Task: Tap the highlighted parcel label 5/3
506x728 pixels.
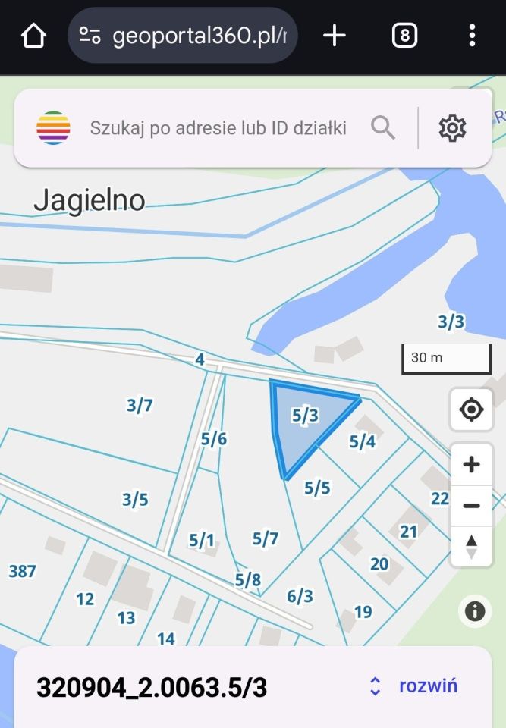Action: click(x=305, y=415)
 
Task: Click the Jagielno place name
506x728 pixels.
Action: click(x=90, y=200)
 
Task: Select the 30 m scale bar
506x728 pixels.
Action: click(x=447, y=359)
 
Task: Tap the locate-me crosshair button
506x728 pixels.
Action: click(x=471, y=410)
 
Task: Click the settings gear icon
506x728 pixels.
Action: click(x=452, y=127)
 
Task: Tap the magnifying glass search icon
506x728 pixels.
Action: click(x=383, y=127)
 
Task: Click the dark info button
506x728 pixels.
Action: click(x=475, y=610)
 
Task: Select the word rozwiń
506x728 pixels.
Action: click(x=428, y=686)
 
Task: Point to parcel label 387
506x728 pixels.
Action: click(x=22, y=571)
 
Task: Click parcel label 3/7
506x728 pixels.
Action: click(x=140, y=406)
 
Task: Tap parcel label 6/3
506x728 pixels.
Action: click(x=300, y=597)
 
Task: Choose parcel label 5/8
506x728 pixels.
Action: click(x=247, y=580)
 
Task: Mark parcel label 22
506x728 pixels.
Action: click(x=440, y=498)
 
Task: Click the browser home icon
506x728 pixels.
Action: click(x=33, y=36)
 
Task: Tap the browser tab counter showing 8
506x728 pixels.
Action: click(x=404, y=36)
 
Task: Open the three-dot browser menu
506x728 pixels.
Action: click(x=472, y=36)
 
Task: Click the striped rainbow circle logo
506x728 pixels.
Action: click(x=53, y=127)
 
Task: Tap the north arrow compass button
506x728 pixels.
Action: click(x=471, y=546)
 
